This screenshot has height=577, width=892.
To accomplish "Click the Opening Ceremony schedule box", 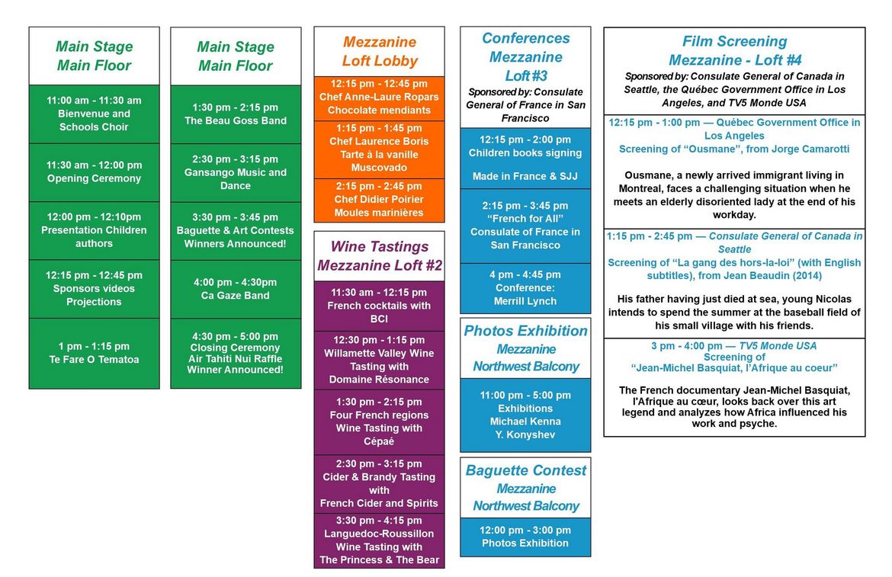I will tap(94, 172).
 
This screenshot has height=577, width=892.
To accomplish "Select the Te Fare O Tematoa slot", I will tap(94, 353).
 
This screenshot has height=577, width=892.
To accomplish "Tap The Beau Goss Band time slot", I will tap(236, 114).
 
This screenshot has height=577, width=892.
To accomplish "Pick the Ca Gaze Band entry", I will tap(236, 289).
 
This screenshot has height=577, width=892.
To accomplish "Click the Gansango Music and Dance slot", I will tap(236, 172).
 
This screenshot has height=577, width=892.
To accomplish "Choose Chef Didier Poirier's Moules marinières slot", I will tap(379, 200).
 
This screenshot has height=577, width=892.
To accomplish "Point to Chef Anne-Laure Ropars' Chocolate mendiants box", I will tap(379, 98).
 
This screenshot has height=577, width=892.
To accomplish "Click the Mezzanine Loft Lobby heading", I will tap(379, 52).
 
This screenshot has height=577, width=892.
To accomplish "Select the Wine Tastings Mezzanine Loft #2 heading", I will tap(379, 256).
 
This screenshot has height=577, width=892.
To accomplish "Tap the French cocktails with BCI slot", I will tap(379, 306).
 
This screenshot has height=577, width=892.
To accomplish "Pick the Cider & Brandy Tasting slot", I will tap(379, 483).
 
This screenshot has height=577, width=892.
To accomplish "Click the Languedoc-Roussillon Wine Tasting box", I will tap(379, 540).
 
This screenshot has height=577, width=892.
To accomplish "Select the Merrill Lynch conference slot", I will tap(525, 288).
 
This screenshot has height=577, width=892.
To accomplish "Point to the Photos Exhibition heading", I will tap(525, 332).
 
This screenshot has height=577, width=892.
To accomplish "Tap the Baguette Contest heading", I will tap(525, 470).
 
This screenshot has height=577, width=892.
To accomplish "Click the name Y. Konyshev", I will tap(525, 435).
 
